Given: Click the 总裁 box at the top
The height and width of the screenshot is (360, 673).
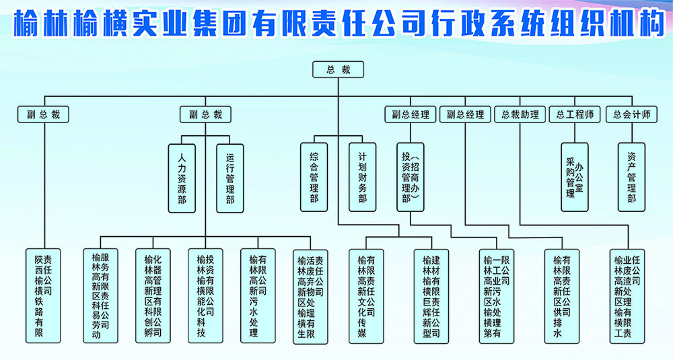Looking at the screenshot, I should [x=338, y=69].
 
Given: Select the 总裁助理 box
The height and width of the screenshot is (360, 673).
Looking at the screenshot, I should [x=520, y=114].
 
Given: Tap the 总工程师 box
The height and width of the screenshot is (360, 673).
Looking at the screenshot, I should [x=574, y=114].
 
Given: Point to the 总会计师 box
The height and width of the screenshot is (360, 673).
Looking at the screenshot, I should [x=631, y=114].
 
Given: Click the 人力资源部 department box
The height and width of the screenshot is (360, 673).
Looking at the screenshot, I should [x=182, y=178].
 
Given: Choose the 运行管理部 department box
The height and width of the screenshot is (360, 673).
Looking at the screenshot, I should [x=230, y=178].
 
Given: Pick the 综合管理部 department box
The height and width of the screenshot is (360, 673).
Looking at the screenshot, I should [x=314, y=178].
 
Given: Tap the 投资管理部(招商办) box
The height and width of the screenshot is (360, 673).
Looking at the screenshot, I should [x=411, y=178].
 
